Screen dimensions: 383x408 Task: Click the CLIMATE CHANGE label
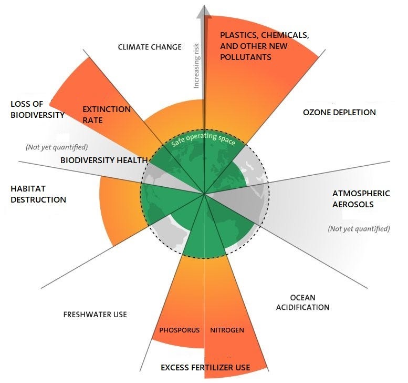150,47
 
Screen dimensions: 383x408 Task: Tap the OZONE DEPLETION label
340,112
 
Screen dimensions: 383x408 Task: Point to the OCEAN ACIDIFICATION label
303,303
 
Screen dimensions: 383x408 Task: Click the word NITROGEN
227,330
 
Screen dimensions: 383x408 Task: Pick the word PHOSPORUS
179,330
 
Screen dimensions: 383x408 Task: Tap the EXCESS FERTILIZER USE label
205,367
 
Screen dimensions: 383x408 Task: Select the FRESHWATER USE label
95,315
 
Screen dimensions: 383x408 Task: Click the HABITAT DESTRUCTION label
38,194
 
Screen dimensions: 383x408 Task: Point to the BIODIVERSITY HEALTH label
99,160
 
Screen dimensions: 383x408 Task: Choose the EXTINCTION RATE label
107,115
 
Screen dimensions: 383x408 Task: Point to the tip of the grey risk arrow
204,5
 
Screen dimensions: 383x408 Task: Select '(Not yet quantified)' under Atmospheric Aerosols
359,229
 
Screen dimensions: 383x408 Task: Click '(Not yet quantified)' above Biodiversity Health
57,147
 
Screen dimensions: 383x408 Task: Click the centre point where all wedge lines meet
204,194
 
